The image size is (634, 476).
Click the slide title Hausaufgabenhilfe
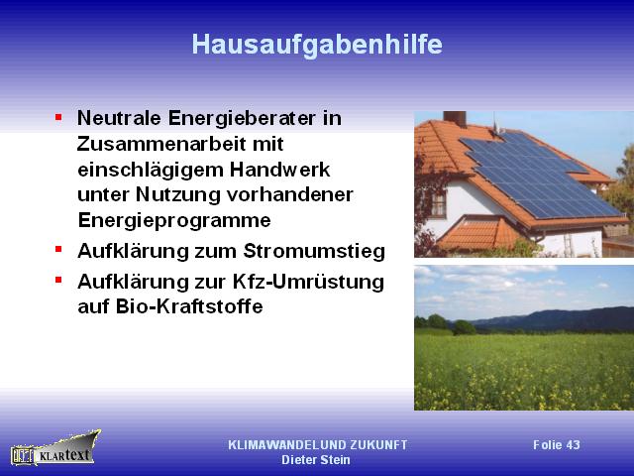317,45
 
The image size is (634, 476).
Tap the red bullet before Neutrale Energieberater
58,117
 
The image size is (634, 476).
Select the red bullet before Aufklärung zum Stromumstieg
58,249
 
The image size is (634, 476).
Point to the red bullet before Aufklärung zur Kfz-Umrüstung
58,280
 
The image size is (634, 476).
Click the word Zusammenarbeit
161,144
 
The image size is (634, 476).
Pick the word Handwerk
279,170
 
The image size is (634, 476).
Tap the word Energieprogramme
174,221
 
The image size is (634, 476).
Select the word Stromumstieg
314,251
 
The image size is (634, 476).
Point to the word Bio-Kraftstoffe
189,306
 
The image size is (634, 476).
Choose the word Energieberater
242,119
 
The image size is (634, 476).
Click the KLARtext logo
55,448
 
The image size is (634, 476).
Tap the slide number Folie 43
557,445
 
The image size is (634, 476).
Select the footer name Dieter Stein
316,460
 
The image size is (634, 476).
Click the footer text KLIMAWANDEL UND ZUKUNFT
317,445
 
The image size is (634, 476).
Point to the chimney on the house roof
455,119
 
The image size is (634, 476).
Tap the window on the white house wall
438,203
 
